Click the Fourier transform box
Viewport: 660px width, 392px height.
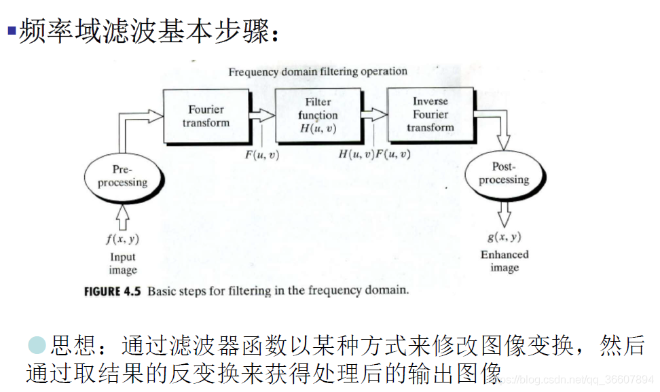(x=206, y=116)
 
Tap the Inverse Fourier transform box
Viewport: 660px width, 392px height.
(x=430, y=114)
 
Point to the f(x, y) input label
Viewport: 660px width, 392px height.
(x=122, y=239)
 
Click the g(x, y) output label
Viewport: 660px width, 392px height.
(x=504, y=237)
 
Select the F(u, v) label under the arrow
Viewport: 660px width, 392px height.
(x=261, y=154)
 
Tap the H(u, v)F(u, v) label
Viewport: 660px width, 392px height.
(x=374, y=154)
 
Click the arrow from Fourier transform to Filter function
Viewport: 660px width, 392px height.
(x=261, y=116)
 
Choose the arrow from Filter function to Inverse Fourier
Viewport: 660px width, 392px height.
(x=373, y=115)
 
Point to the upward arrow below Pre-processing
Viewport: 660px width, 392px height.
(x=122, y=217)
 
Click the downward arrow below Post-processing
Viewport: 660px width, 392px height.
(x=504, y=215)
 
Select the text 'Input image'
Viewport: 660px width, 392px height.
(x=123, y=264)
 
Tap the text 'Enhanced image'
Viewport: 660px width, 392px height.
(x=505, y=261)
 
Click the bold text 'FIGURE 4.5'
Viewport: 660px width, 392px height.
(x=112, y=291)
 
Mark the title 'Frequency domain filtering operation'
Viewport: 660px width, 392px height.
(x=318, y=71)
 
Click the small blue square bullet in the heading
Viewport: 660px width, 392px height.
(x=12, y=30)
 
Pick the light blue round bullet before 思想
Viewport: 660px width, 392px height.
(x=37, y=346)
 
